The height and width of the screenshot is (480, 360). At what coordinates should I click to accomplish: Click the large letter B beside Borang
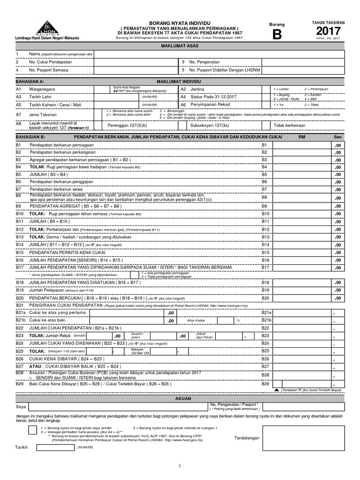coord(276,35)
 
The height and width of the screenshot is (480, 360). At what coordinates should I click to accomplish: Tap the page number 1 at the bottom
coord(180,465)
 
